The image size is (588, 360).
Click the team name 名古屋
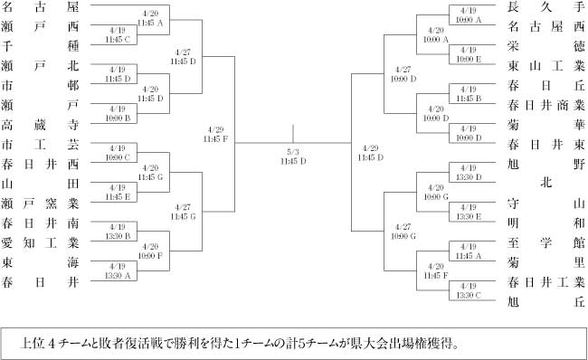click(40, 6)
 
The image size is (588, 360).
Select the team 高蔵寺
click(40, 125)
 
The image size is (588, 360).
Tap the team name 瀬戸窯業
click(40, 204)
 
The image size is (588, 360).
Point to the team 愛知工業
click(40, 243)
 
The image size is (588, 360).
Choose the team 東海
click(40, 262)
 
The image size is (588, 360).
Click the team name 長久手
click(546, 6)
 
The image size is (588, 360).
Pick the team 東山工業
click(546, 66)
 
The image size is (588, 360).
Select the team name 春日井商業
click(546, 105)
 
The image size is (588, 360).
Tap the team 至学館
click(546, 243)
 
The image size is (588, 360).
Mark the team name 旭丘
click(546, 302)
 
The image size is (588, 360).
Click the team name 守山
click(546, 204)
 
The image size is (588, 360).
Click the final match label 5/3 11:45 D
click(293, 156)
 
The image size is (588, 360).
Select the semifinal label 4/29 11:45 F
click(215, 134)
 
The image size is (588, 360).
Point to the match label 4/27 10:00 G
click(403, 232)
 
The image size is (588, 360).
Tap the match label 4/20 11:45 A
click(150, 18)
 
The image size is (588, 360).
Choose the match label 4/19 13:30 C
click(469, 290)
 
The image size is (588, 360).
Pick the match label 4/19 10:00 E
click(469, 54)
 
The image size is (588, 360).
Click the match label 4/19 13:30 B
click(118, 232)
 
